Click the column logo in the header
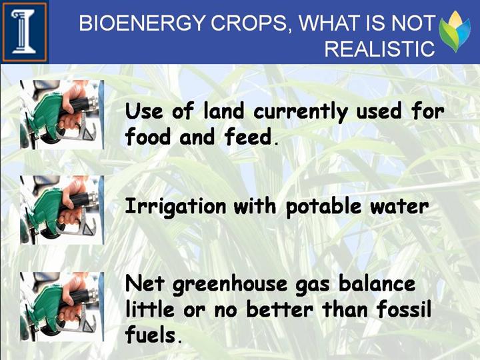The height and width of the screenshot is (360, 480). pyautogui.click(x=25, y=32)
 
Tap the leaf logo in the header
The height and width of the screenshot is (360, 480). pyautogui.click(x=455, y=31)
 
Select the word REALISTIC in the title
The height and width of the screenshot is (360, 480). pyautogui.click(x=379, y=49)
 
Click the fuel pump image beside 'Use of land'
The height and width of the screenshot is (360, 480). pyautogui.click(x=62, y=115)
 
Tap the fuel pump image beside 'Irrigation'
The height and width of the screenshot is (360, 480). pyautogui.click(x=62, y=210)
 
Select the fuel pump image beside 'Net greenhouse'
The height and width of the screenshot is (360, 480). pyautogui.click(x=62, y=307)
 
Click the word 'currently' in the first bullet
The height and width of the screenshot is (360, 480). pyautogui.click(x=301, y=112)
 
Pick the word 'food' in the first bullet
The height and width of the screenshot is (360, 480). pyautogui.click(x=148, y=137)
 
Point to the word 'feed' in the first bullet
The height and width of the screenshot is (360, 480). pyautogui.click(x=248, y=137)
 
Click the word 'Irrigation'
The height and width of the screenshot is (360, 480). pyautogui.click(x=176, y=207)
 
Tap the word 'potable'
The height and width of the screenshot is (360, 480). pyautogui.click(x=323, y=207)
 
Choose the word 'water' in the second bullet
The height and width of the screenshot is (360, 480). pyautogui.click(x=399, y=207)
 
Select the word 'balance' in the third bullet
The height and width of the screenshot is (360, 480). pyautogui.click(x=377, y=283)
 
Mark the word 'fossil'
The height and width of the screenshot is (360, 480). pyautogui.click(x=404, y=309)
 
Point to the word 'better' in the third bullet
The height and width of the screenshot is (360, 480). pyautogui.click(x=280, y=309)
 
